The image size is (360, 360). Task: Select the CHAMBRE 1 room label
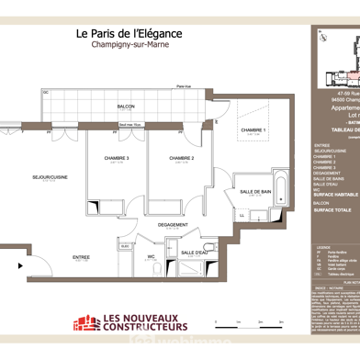(253, 130)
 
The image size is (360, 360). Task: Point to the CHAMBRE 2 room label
(180, 159)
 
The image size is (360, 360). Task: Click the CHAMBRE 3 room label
(116, 159)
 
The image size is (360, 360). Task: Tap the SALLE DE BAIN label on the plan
(254, 192)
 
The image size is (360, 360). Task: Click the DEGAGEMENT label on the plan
(172, 224)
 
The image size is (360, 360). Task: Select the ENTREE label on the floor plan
(82, 257)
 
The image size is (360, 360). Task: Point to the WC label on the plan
(150, 257)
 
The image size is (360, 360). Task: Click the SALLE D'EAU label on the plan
(194, 253)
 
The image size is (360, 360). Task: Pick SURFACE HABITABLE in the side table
(334, 195)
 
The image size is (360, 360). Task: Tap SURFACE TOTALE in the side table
(332, 210)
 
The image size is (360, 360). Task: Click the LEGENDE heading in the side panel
(323, 247)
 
